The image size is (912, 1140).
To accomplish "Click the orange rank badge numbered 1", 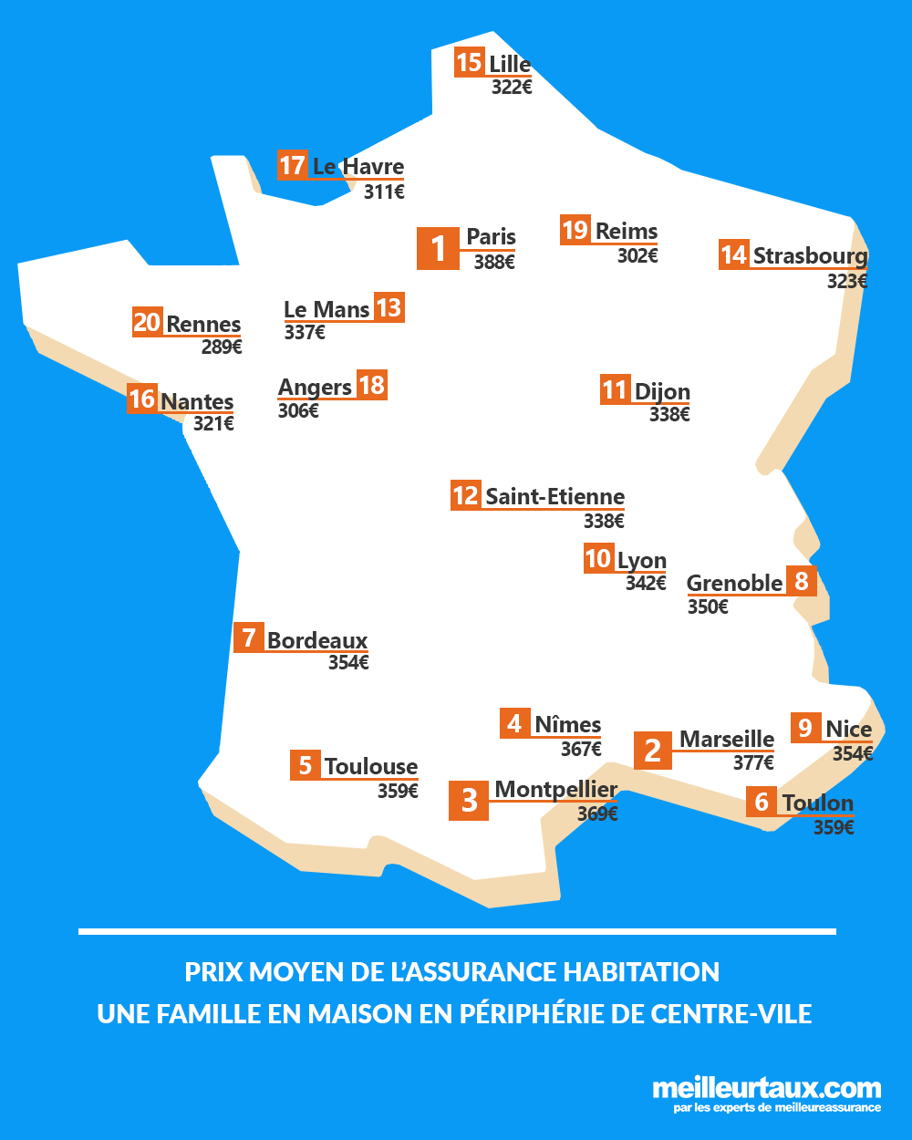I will pos(438,248).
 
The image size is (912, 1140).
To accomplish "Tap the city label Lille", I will pos(510,64).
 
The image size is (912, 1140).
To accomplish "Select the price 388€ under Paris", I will pos(494,263).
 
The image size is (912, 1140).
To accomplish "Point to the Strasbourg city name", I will pos(810,255).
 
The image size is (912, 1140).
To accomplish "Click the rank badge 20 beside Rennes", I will pos(147,322).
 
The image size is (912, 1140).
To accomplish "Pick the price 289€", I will pos(222,347).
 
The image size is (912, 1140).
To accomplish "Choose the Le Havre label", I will pos(358,167).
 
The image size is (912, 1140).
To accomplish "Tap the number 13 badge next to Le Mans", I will pos(389,308).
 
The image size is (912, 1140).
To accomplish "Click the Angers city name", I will pos(315,388).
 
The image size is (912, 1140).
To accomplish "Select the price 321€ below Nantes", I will pos(213,424).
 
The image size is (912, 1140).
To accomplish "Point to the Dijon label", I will pos(662,392).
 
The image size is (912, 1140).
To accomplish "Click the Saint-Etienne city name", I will pos(554,497).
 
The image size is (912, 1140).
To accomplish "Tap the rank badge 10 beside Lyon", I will pos(598,558).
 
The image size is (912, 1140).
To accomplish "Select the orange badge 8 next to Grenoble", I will pos(802,581).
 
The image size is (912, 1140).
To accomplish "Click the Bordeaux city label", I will pos(317,640).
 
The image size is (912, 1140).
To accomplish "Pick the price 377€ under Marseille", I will pos(753,763).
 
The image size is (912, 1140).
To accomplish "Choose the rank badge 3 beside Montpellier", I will pos(469,801).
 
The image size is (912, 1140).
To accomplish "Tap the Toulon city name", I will pos(818,803).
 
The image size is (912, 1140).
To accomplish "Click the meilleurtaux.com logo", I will pos(766,1093).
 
